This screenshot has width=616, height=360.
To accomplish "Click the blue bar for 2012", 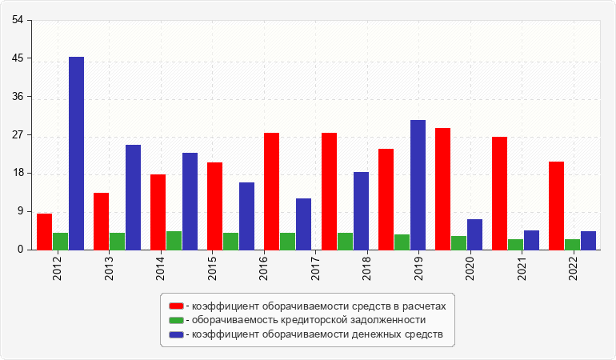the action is tap(76, 154).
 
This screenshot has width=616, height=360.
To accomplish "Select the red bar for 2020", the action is tap(442, 189).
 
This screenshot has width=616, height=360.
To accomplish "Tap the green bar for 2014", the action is tap(174, 241).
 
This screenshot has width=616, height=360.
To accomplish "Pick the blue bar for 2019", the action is tap(418, 185).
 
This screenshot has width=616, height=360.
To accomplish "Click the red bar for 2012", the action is tap(44, 231).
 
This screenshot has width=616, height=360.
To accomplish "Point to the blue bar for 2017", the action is tap(304, 224).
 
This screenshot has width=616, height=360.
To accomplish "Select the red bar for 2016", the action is tap(271, 191).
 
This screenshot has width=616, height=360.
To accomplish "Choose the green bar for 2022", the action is tap(572, 245).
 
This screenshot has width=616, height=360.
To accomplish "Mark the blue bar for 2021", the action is tap(531, 240).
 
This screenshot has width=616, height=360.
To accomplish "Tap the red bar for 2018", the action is tap(386, 199).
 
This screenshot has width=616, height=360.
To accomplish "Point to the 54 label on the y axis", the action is tap(18, 20).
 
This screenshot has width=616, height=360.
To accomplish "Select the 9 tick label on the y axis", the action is tap(21, 211).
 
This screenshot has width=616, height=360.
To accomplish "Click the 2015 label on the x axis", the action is tap(212, 269).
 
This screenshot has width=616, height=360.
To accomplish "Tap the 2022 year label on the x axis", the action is tap(573, 269).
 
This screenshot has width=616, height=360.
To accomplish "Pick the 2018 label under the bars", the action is tap(366, 269).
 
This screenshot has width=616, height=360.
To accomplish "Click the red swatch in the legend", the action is tap(176, 306).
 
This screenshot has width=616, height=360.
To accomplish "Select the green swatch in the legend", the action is tap(176, 320).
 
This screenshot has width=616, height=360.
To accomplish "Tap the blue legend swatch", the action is tap(176, 334).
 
